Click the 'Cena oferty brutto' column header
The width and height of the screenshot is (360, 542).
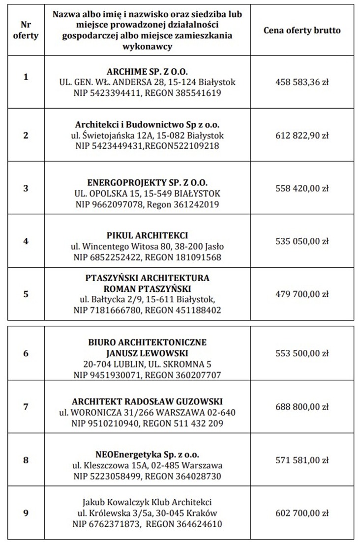(302, 30)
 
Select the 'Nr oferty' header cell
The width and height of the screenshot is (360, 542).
(26, 30)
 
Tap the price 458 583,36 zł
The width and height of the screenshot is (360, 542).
(302, 82)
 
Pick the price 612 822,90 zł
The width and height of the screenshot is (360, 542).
(302, 135)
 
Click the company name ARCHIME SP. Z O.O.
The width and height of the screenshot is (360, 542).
(148, 71)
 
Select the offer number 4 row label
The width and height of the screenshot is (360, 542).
(26, 241)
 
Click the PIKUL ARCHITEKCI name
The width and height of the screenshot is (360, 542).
(148, 235)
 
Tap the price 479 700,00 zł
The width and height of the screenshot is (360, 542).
(302, 294)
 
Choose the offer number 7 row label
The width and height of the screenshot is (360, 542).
(26, 407)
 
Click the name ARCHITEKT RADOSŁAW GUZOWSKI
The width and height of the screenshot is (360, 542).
(148, 400)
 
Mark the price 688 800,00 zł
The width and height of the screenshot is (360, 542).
(302, 407)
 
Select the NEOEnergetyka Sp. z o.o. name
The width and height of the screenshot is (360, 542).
(148, 455)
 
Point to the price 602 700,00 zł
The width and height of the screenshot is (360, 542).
(302, 513)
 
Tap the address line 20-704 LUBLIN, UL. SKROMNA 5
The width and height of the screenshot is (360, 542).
(148, 364)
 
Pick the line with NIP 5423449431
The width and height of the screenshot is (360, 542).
(148, 146)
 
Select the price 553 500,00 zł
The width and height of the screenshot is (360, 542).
(302, 353)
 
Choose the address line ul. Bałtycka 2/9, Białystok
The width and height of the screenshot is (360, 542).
(148, 299)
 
